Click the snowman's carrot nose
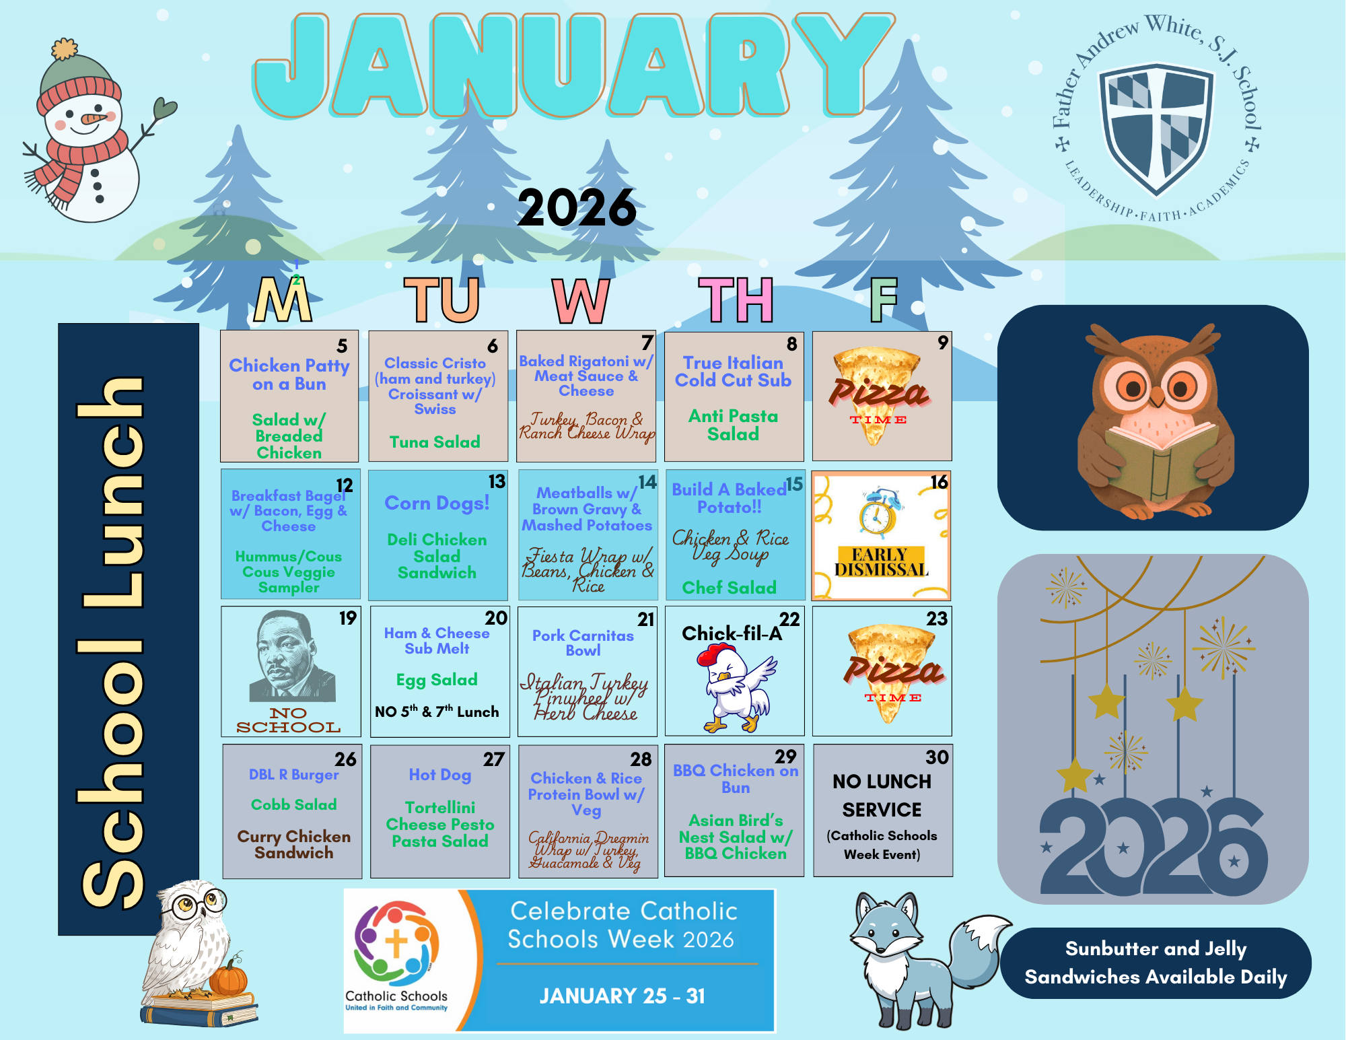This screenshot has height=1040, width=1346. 93,119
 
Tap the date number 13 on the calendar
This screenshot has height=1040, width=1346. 497,482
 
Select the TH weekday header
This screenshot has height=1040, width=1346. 735,300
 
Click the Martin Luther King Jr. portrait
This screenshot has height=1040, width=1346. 291,656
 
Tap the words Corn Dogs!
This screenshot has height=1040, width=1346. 437,504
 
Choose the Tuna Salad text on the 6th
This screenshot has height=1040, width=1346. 435,442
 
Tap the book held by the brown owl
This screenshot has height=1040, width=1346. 1161,461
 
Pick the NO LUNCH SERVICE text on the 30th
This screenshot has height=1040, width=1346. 882,796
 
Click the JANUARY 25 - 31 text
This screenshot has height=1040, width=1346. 622,996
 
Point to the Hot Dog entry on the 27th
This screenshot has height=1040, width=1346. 440,775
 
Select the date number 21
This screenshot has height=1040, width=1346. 646,619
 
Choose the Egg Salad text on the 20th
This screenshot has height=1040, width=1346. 437,681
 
